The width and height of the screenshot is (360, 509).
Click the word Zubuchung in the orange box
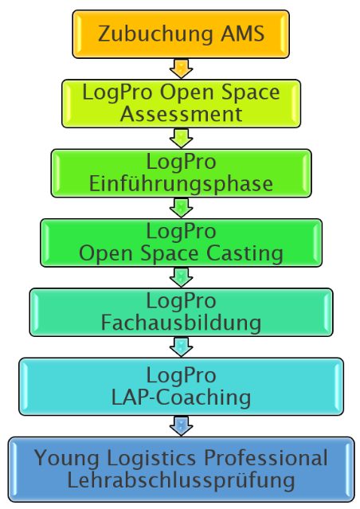(155, 33)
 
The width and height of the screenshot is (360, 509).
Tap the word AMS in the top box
(243, 33)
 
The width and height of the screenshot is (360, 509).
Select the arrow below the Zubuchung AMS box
(181, 69)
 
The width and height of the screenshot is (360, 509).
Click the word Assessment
(181, 114)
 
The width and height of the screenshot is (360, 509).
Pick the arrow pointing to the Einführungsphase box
(181, 139)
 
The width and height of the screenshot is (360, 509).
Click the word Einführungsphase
(181, 184)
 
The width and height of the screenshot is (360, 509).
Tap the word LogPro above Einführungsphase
(181, 162)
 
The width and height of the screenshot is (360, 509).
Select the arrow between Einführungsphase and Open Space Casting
(181, 208)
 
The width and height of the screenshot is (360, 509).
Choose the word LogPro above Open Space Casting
(181, 232)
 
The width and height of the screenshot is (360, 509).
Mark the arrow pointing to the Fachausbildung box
(181, 277)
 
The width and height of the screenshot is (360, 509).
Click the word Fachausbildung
(181, 323)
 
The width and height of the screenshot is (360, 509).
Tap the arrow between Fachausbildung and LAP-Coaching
(181, 347)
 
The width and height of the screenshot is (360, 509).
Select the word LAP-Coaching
(181, 397)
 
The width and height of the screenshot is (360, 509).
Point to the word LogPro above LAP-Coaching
(181, 376)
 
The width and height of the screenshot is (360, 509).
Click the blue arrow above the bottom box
(181, 426)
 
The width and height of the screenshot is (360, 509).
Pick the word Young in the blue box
(67, 459)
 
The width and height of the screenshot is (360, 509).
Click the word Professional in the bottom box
(266, 458)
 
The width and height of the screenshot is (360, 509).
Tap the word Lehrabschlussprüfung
(181, 481)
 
